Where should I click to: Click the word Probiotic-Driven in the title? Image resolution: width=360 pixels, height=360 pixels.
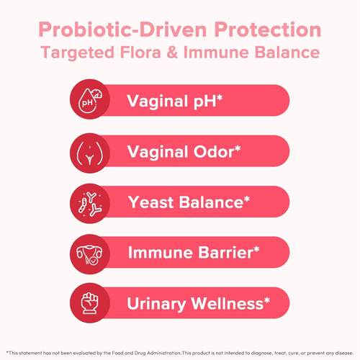(122, 31)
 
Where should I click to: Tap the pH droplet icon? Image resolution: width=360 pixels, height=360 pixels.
(89, 102)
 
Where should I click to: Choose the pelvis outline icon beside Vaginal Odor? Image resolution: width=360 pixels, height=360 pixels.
(89, 152)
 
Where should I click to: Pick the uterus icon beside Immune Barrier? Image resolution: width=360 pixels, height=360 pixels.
(89, 253)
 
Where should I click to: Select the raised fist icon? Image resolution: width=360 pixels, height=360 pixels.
(89, 303)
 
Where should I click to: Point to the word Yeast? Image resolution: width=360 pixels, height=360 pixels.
(149, 202)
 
